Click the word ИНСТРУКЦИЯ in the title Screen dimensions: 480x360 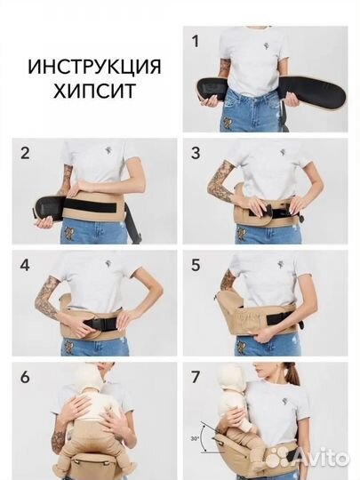pyautogui.click(x=95, y=68)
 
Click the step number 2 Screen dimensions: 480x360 pyautogui.click(x=25, y=153)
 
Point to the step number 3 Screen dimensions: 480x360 pyautogui.click(x=196, y=153)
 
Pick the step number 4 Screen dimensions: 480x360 pyautogui.click(x=24, y=266)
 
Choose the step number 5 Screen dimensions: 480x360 pyautogui.click(x=196, y=265)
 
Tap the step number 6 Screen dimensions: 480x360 pyautogui.click(x=25, y=377)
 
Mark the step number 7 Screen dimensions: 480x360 pyautogui.click(x=196, y=377)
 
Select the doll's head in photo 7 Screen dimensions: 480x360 pyautogui.click(x=234, y=379)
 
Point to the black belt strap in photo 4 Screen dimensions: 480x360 pyautogui.click(x=97, y=322)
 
